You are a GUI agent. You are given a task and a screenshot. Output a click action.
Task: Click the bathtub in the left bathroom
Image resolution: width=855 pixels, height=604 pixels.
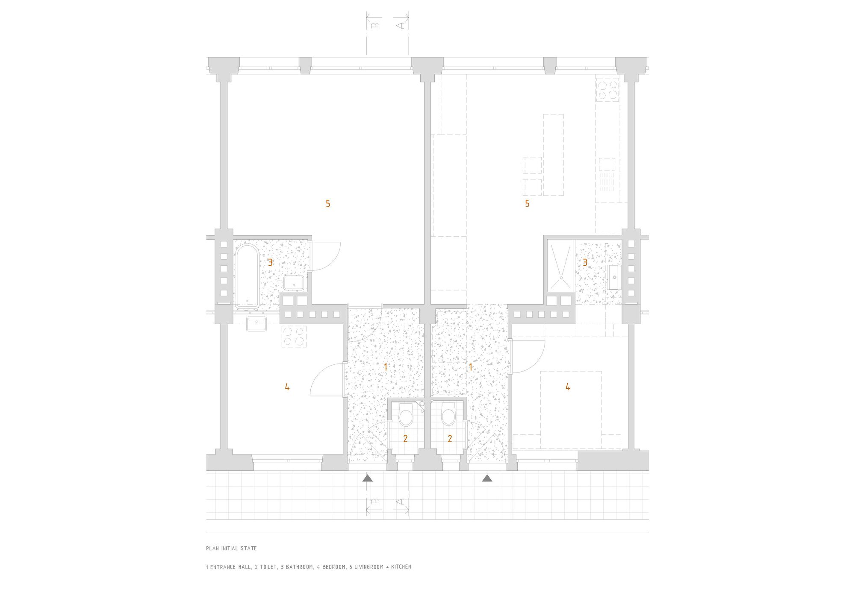(x=247, y=276)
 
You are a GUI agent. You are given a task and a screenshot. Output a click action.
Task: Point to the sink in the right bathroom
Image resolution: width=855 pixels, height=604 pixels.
(x=614, y=277)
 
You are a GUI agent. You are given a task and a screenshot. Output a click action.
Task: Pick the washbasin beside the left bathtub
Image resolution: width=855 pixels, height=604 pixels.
(x=294, y=283)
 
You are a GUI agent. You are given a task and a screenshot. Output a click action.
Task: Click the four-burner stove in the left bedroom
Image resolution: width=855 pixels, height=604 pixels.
(x=294, y=336)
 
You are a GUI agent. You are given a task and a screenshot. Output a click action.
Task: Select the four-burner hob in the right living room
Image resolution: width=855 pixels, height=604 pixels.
(x=607, y=90)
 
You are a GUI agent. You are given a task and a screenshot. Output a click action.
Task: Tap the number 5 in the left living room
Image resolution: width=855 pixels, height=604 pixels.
(x=328, y=204)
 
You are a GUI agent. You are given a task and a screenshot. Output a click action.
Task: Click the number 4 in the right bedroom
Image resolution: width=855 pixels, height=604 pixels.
(x=568, y=387)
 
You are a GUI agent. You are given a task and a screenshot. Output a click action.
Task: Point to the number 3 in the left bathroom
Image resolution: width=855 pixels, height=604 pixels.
(x=270, y=262)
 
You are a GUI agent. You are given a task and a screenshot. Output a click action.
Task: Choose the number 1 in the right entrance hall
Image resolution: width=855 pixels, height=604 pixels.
(x=471, y=367)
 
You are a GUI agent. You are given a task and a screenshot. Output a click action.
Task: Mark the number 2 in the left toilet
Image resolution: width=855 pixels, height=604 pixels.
(x=405, y=438)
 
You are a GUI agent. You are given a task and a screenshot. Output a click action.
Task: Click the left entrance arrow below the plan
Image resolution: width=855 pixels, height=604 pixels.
(x=368, y=478)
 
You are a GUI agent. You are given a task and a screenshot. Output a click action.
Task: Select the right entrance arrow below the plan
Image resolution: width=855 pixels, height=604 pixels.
(x=487, y=478)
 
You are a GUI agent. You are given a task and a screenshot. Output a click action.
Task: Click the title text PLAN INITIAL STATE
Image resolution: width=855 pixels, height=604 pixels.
(x=231, y=548)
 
